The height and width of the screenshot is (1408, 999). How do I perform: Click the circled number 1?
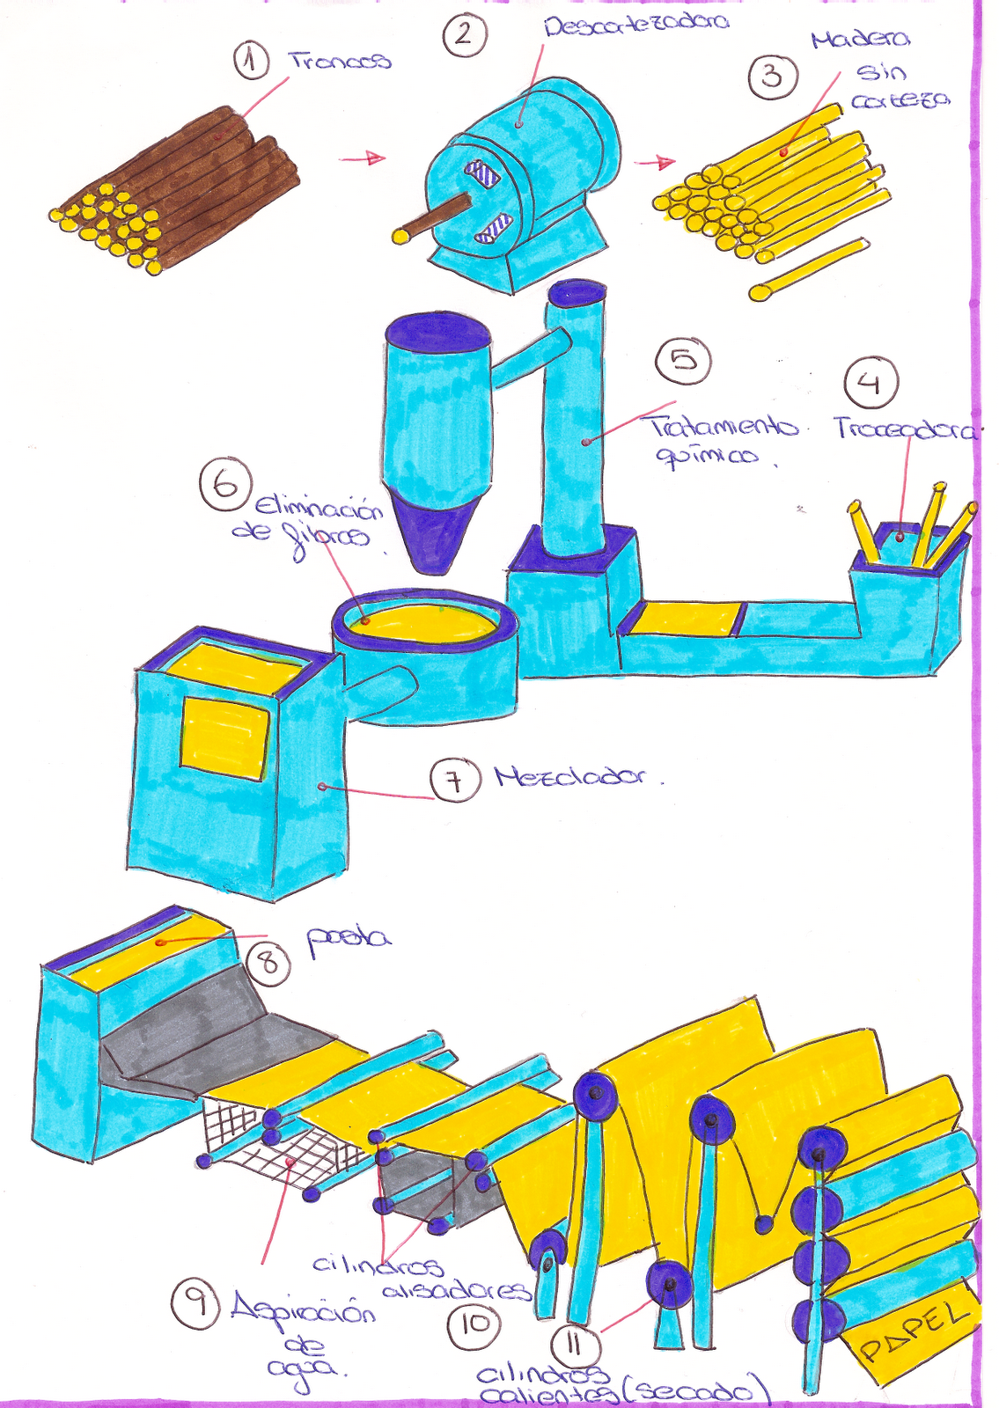pyautogui.click(x=251, y=62)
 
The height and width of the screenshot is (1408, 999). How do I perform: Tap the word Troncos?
pyautogui.click(x=340, y=61)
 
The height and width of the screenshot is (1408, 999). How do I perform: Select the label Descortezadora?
pyautogui.click(x=635, y=24)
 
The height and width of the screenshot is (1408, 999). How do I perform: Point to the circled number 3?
pyautogui.click(x=772, y=77)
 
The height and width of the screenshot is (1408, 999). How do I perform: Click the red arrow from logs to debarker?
pyautogui.click(x=363, y=159)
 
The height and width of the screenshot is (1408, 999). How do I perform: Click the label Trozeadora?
pyautogui.click(x=905, y=430)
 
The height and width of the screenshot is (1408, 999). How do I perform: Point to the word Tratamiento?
pyautogui.click(x=724, y=428)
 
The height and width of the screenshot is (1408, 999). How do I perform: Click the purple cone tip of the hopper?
pyautogui.click(x=437, y=537)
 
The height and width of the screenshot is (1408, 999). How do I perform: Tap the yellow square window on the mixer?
pyautogui.click(x=224, y=737)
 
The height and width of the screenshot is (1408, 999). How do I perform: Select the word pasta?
pyautogui.click(x=348, y=938)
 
